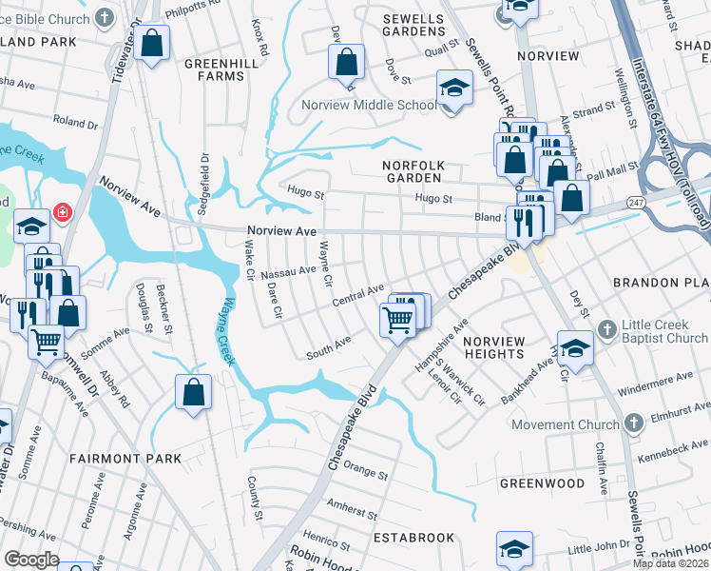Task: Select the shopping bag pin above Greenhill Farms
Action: (x=151, y=43)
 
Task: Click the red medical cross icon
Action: (x=63, y=211)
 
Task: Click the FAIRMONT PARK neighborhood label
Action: (x=125, y=459)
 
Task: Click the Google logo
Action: (x=31, y=560)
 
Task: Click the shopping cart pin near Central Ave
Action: (x=398, y=319)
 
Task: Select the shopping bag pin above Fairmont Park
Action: (x=193, y=393)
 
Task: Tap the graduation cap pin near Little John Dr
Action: (x=514, y=549)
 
